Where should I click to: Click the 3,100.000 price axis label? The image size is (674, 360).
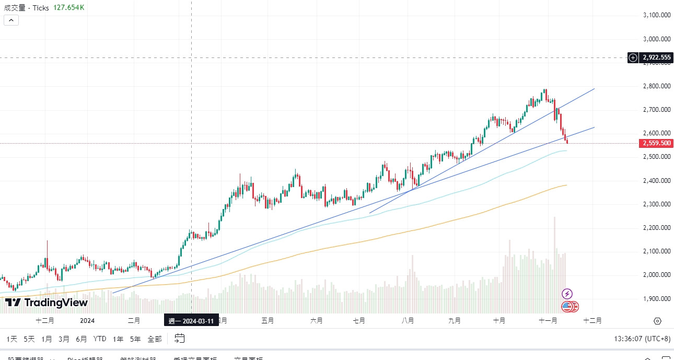point(657,15)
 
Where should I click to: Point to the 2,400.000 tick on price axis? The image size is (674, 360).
point(657,181)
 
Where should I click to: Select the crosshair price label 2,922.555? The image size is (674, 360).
point(656,57)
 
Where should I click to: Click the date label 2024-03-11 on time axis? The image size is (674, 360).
point(191,321)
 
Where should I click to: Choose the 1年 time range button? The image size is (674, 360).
point(118,339)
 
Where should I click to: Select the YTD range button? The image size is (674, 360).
point(100,339)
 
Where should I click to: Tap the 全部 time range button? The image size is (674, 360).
point(155,339)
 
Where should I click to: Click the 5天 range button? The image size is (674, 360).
point(29,339)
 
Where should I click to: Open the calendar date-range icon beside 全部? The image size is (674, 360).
point(179,339)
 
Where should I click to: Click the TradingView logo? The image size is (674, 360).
point(47,303)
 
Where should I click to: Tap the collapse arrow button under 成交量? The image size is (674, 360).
point(11,20)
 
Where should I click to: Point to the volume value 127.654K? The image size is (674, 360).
point(68,8)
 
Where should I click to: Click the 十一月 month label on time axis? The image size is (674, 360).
point(548,321)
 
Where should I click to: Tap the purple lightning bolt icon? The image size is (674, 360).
point(567,294)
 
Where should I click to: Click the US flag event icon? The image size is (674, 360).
point(567,307)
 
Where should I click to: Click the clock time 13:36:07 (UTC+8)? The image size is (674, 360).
point(642,339)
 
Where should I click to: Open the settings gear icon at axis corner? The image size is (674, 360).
point(657,321)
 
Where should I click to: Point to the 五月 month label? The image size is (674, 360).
point(268,321)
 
